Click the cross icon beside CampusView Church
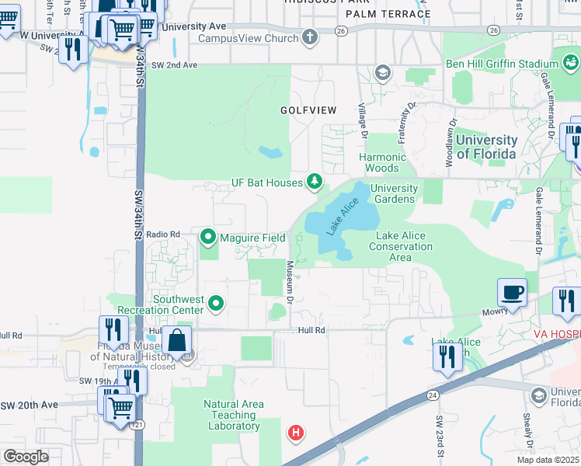click(310, 37)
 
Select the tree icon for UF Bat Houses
click(314, 182)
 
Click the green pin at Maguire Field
click(208, 236)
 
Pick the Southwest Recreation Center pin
click(217, 304)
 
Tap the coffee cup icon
click(512, 294)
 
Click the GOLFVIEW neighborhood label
click(308, 110)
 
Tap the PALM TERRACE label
click(388, 14)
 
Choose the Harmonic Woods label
click(382, 162)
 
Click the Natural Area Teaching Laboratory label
click(233, 415)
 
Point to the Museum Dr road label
click(289, 282)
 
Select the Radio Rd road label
click(163, 234)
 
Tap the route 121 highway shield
click(137, 426)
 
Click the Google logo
click(26, 457)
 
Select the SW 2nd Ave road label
click(174, 65)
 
